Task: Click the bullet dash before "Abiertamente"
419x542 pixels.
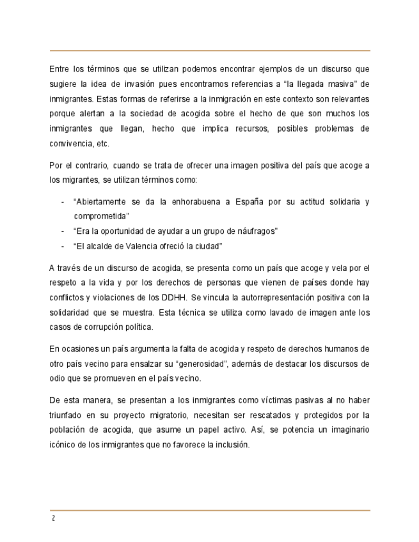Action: pyautogui.click(x=63, y=201)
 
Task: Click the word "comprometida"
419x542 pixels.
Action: pyautogui.click(x=101, y=216)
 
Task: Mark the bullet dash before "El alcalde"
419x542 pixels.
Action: pyautogui.click(x=63, y=246)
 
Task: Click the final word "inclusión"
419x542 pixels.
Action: pyautogui.click(x=226, y=445)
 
